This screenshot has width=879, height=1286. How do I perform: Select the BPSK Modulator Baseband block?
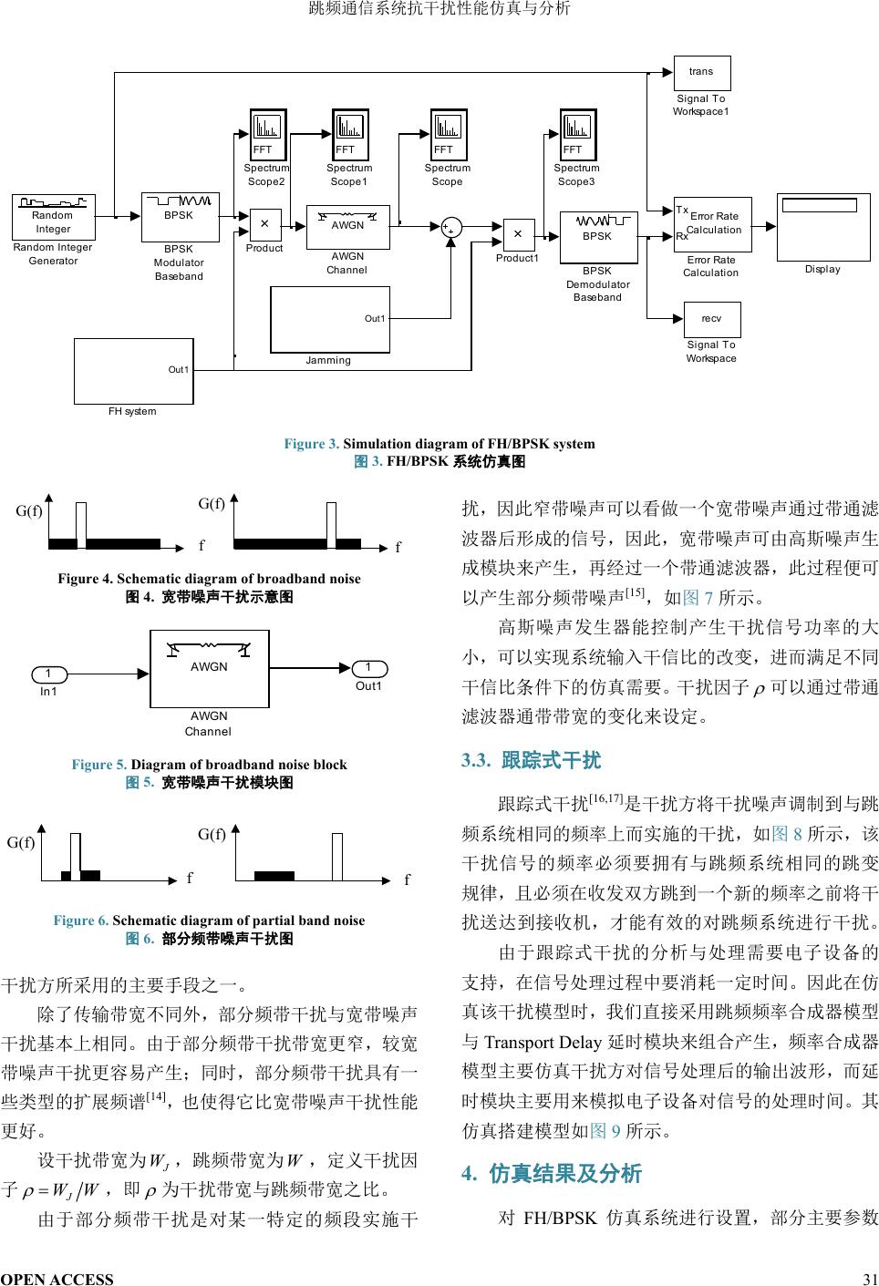point(180,217)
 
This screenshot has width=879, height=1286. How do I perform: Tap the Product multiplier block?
point(264,223)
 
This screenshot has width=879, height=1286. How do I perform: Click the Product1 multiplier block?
point(518,234)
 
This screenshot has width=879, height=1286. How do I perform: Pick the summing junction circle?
point(450,228)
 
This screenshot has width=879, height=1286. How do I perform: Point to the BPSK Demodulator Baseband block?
point(598,237)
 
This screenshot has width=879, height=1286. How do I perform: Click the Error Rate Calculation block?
point(712,223)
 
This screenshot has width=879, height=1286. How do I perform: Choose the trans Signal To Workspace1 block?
point(701,71)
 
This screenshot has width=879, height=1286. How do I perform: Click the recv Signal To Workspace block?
point(711,319)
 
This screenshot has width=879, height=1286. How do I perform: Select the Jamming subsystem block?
point(329,319)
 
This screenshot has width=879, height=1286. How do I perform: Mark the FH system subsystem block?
point(133,370)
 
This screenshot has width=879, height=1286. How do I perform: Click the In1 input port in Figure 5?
point(49,674)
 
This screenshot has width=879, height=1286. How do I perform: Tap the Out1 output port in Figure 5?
point(368,668)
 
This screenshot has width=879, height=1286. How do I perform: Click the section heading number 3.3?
point(477,760)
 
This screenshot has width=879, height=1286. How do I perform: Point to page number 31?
point(869,1278)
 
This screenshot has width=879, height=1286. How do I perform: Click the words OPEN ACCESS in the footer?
point(57,1278)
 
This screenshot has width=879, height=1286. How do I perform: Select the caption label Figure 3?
point(311,444)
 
